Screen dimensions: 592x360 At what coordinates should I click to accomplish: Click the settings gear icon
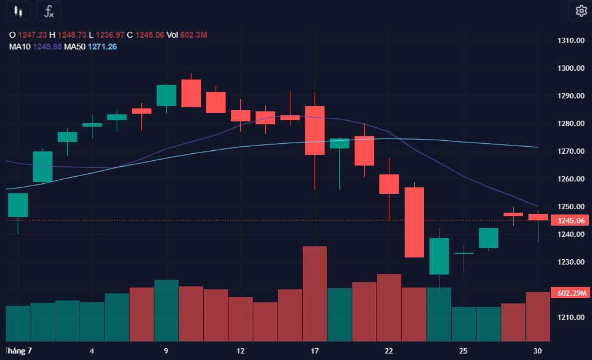click(x=581, y=11)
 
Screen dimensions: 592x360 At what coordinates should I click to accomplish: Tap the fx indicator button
click(x=49, y=11)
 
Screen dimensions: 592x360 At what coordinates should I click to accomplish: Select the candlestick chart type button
click(x=18, y=11)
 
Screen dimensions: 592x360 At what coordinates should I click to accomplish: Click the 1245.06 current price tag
click(x=570, y=220)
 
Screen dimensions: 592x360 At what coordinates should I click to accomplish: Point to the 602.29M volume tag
click(x=570, y=293)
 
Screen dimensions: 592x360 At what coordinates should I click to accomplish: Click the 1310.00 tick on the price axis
click(x=571, y=41)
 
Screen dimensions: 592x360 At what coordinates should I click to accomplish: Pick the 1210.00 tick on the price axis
click(x=571, y=318)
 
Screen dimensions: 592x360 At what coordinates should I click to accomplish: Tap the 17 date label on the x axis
click(x=315, y=351)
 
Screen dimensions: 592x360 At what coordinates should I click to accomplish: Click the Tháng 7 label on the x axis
click(x=18, y=351)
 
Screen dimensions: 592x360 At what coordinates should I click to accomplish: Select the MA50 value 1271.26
click(x=102, y=47)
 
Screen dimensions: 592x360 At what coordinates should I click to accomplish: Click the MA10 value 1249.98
click(x=47, y=47)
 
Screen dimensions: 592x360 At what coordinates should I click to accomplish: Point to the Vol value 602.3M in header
click(x=194, y=35)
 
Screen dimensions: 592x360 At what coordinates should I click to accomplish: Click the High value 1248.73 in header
click(x=72, y=35)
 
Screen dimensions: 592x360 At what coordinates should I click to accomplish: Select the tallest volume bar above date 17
click(x=315, y=294)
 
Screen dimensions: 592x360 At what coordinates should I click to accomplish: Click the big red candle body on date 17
click(x=315, y=130)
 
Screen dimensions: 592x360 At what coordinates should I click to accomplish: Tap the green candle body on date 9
click(x=167, y=95)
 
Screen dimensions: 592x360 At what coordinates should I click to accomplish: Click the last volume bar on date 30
click(x=538, y=316)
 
